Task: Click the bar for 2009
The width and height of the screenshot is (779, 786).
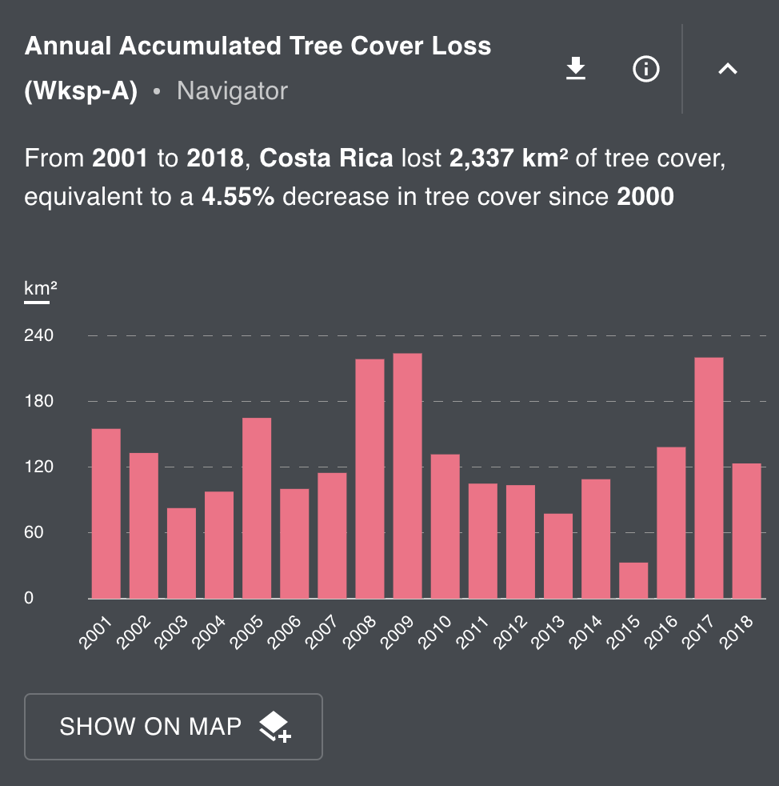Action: tap(407, 475)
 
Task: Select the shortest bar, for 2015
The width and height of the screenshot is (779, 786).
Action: tap(633, 580)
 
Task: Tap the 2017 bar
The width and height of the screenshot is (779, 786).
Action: tap(709, 478)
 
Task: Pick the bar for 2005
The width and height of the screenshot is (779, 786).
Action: tap(257, 508)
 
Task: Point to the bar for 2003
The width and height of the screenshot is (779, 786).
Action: tap(182, 553)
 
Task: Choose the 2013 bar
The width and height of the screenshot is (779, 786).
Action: tap(557, 555)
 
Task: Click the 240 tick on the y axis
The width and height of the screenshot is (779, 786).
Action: tap(38, 335)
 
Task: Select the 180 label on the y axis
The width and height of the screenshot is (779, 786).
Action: tap(38, 401)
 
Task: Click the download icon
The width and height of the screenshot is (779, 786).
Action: tap(576, 70)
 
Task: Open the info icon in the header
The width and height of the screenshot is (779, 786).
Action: tap(645, 70)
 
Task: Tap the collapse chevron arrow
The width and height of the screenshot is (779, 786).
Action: tap(727, 70)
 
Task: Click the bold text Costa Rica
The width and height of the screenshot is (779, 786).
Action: tap(326, 158)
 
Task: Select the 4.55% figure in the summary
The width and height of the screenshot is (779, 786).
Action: tap(238, 196)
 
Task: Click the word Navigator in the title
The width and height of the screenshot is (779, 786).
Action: tap(232, 91)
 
